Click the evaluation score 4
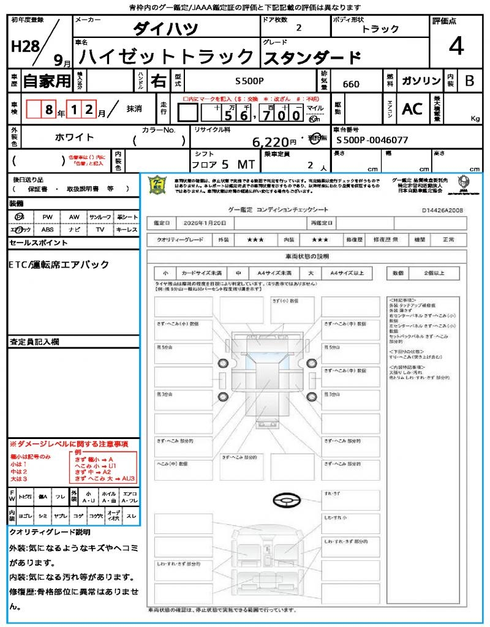coord(455,47)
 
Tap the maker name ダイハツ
coord(166,29)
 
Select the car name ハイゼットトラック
coord(167,57)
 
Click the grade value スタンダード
coord(312,58)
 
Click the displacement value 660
coord(351,84)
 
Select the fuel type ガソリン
coord(420,81)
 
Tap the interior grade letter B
coord(469,81)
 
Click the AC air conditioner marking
coord(412,109)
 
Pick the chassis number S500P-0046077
coord(372,140)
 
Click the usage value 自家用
coord(47,81)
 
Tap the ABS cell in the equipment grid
coord(47,230)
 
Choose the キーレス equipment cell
coord(126,230)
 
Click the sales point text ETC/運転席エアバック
coord(59,265)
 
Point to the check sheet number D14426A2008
coord(442,210)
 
